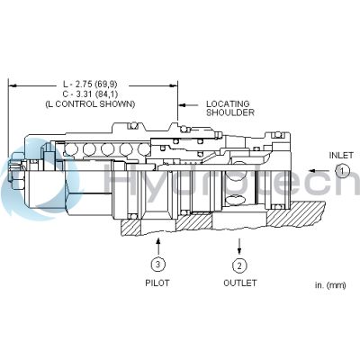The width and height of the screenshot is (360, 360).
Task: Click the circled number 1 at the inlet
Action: pyautogui.click(x=341, y=170)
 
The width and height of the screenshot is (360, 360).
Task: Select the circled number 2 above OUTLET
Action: pyautogui.click(x=239, y=265)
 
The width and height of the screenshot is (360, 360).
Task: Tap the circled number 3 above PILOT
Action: pyautogui.click(x=157, y=265)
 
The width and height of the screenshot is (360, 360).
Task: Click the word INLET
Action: pyautogui.click(x=341, y=154)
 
